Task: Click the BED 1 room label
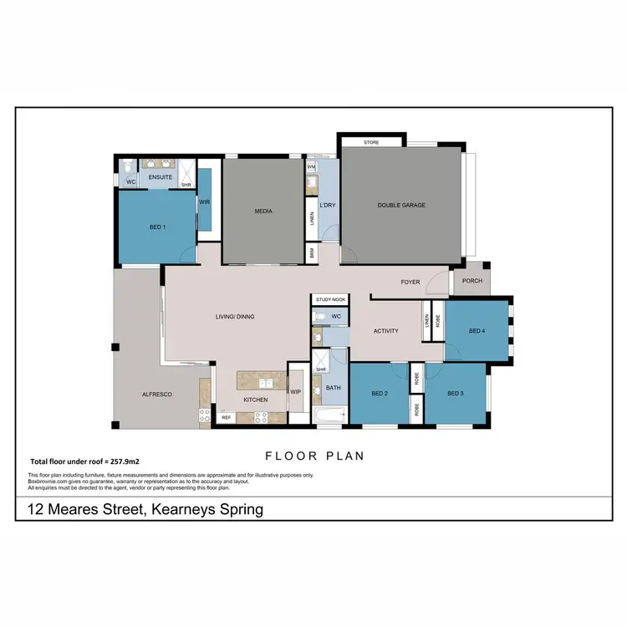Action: coord(157,227)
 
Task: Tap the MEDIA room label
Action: coord(263,212)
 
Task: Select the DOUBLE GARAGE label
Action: coord(401,205)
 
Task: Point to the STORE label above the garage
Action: coord(371,143)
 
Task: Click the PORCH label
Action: coord(472,282)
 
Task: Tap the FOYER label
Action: coord(410,282)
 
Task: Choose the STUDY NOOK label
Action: coord(330,299)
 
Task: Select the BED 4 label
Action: coord(477,331)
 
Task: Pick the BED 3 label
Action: coord(456,394)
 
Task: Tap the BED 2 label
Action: coord(380,394)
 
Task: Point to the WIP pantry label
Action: coord(295,390)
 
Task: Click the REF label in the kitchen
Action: coord(226,417)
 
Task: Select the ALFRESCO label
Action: coord(156,394)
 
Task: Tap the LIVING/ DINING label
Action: coord(235,317)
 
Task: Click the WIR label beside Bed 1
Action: coord(204,201)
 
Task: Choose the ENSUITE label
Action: coord(160,178)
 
